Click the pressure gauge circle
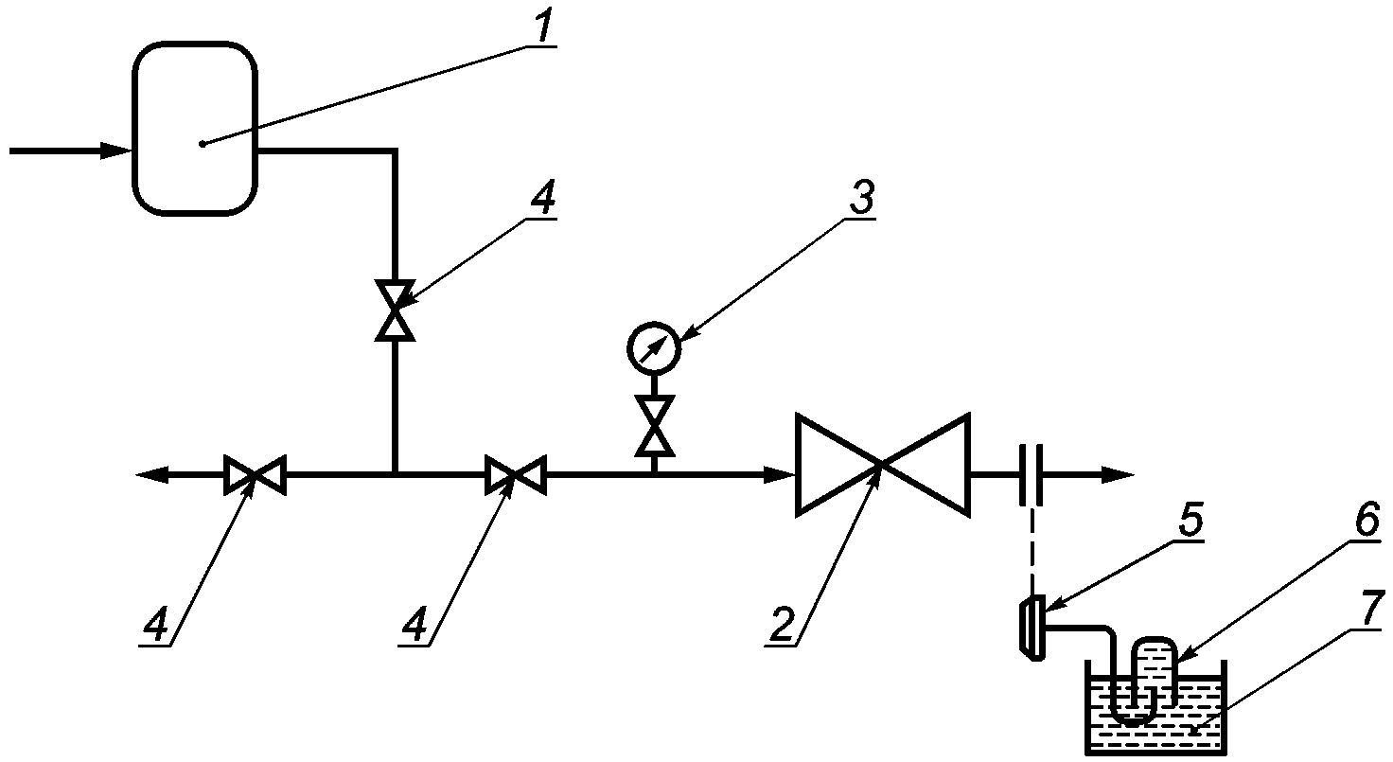[654, 347]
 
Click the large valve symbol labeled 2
[882, 465]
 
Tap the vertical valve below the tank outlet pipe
[395, 310]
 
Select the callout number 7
[1371, 608]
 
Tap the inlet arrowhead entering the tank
[115, 151]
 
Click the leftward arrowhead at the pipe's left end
[151, 474]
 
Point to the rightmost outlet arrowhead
[1119, 474]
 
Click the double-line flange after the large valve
[1031, 474]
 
